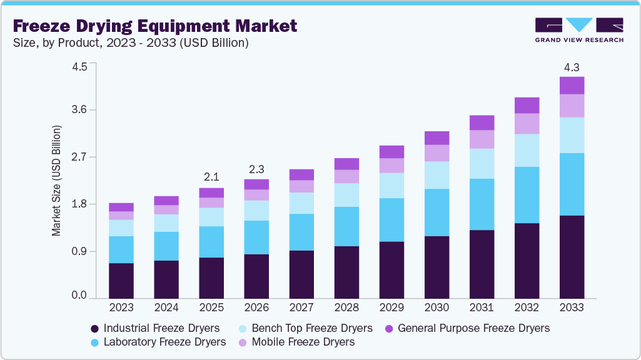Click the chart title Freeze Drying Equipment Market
(154, 26)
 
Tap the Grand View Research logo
(578, 30)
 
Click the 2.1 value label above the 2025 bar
(211, 177)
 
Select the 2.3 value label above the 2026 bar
(256, 169)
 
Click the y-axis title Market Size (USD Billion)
(57, 181)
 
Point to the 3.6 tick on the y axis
(79, 110)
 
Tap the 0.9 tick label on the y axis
(79, 251)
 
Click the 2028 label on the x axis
(346, 308)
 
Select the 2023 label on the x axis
(121, 308)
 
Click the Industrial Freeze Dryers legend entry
(155, 328)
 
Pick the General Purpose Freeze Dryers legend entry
(467, 328)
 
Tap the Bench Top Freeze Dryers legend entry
(305, 328)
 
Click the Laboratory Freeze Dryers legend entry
(158, 342)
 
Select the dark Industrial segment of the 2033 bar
(572, 257)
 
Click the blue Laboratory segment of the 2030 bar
(437, 212)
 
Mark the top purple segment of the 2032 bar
(527, 105)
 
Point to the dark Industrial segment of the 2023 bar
(121, 281)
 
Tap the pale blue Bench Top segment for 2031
(482, 163)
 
